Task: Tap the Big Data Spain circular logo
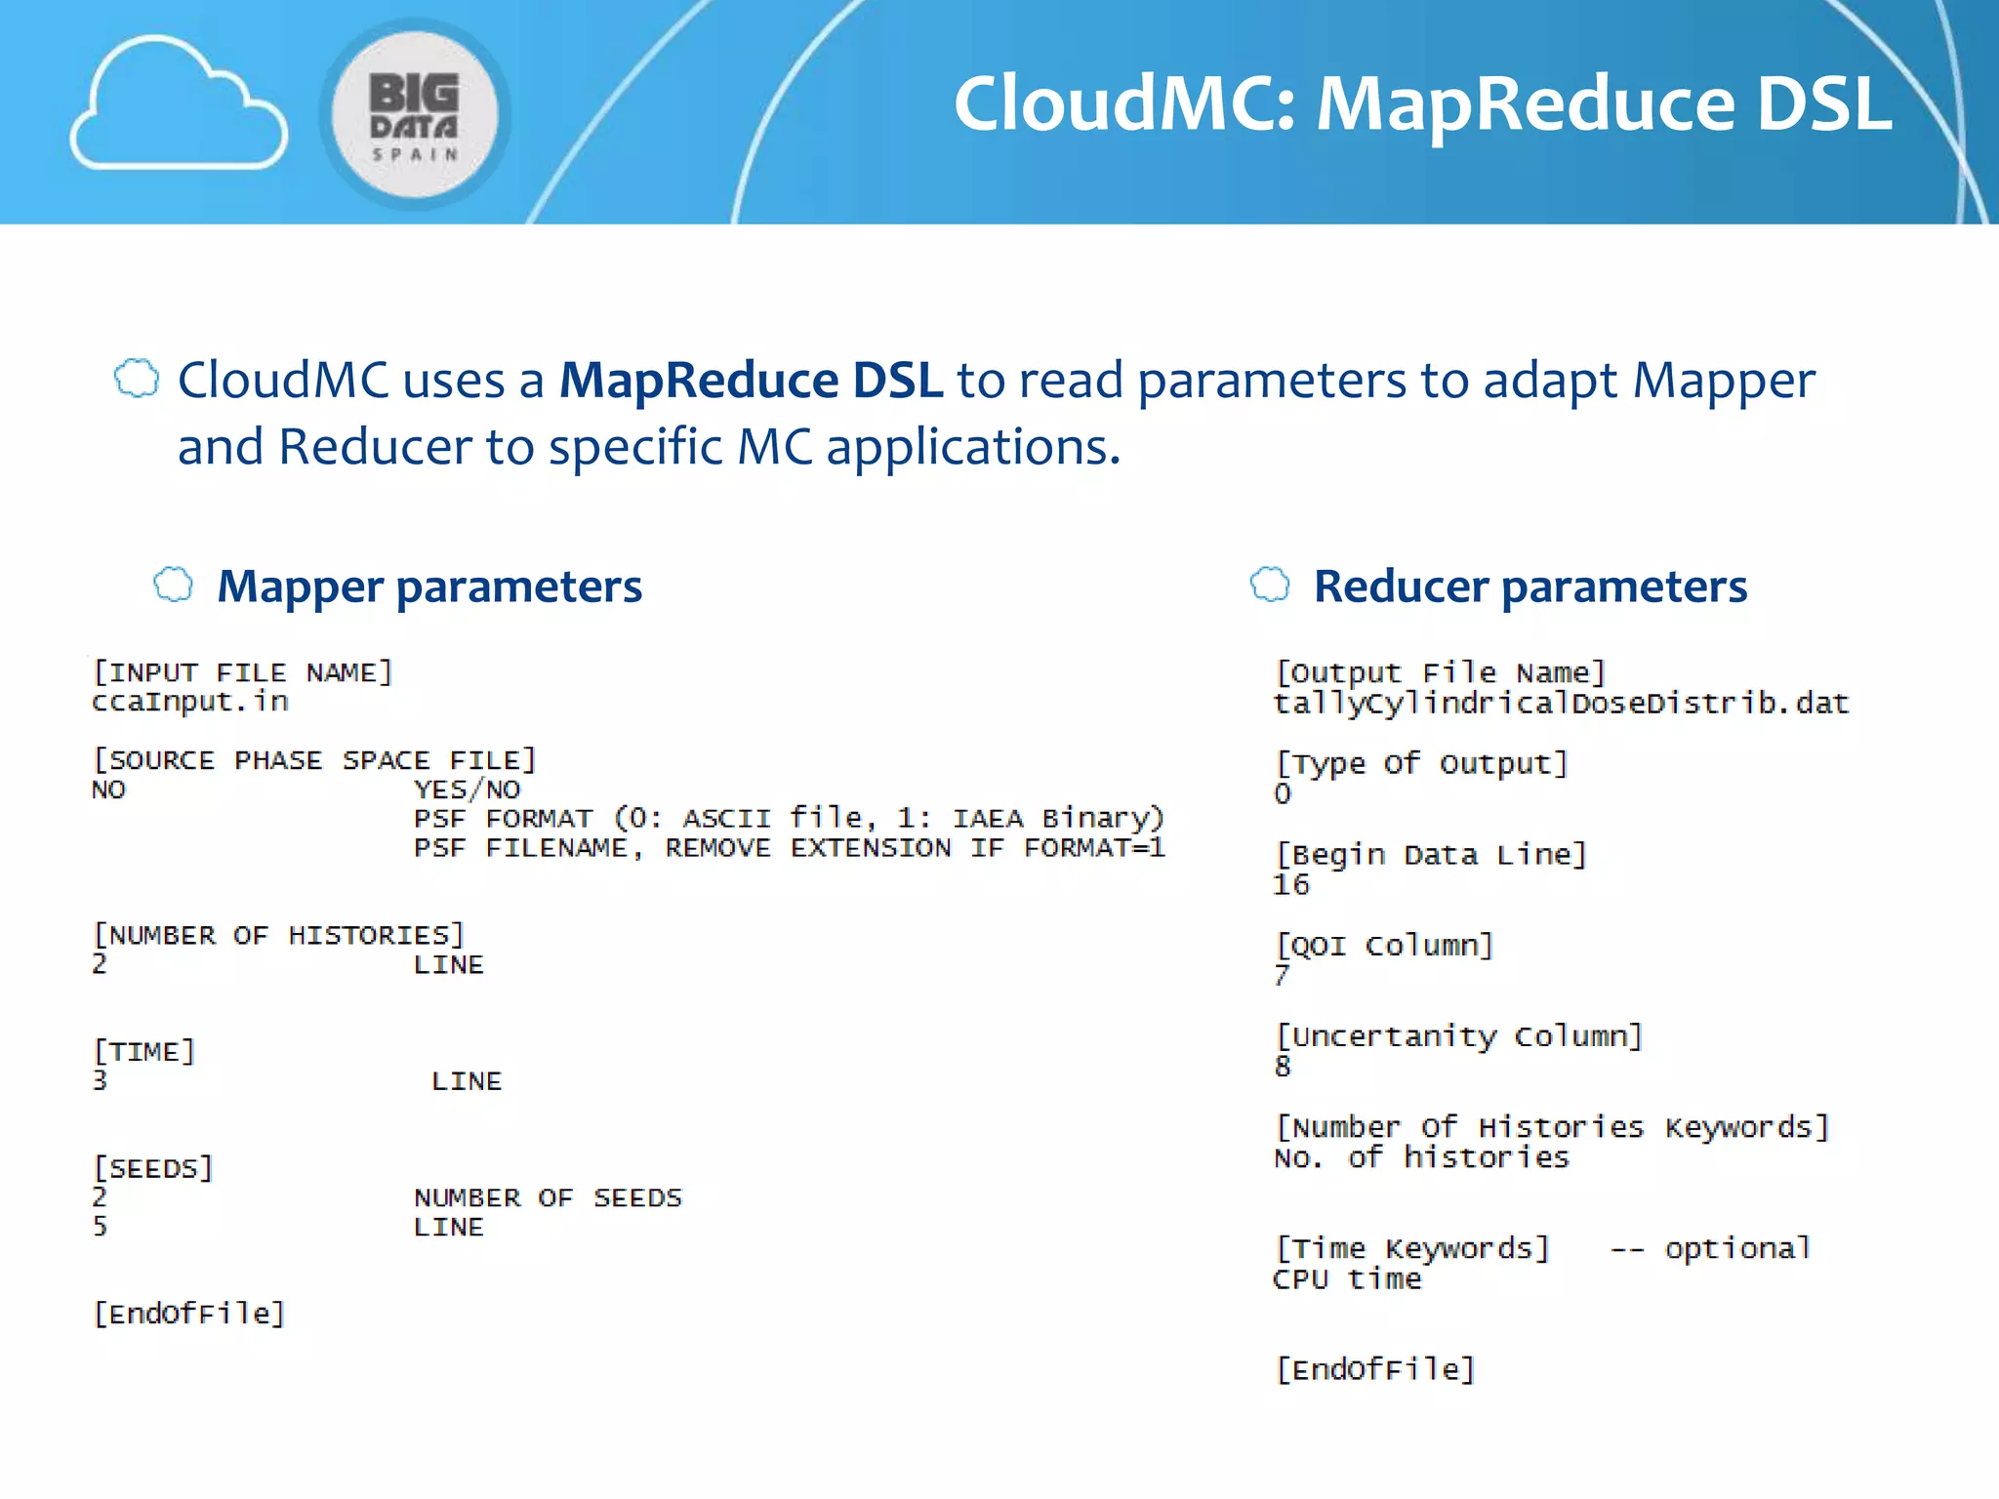tap(415, 114)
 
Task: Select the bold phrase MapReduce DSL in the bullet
tap(751, 381)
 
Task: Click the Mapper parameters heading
tap(429, 587)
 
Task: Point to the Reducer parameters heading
tap(1530, 587)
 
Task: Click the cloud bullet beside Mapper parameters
tap(174, 585)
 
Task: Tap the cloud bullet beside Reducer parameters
tap(1270, 585)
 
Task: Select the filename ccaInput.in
tap(190, 702)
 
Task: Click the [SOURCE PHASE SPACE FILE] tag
tap(314, 760)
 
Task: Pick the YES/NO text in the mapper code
tap(467, 790)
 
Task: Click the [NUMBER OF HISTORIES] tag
tap(278, 935)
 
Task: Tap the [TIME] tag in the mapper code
tap(144, 1051)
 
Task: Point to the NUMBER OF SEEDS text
tap(548, 1197)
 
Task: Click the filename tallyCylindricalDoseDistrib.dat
tap(1561, 704)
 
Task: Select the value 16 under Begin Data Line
tap(1290, 885)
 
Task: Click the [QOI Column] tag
tap(1384, 946)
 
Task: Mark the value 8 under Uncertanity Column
tap(1283, 1067)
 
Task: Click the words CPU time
tap(1347, 1279)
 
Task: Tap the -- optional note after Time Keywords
tap(1709, 1249)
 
